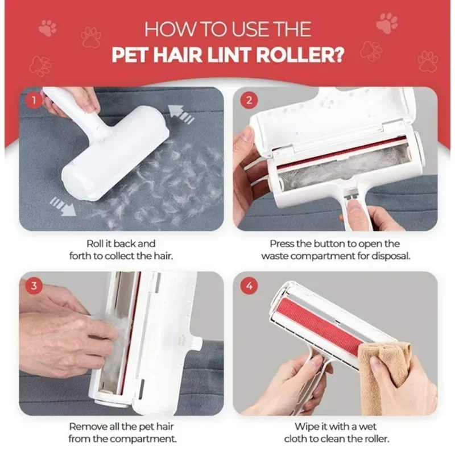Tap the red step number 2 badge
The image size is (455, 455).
[248, 101]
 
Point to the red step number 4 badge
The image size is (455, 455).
[248, 286]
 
